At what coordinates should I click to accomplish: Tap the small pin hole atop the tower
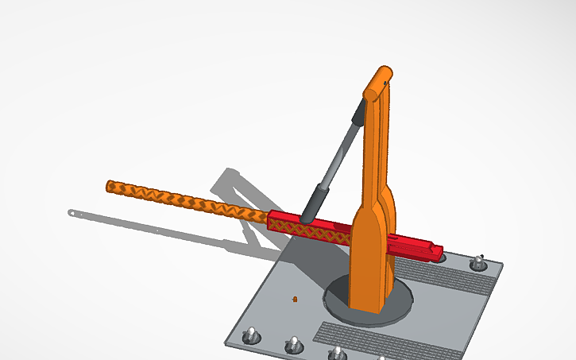click(x=387, y=80)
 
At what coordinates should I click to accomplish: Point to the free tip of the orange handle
click(x=110, y=187)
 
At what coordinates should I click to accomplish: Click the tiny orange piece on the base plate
click(x=295, y=299)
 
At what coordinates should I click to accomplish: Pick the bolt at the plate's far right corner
click(x=479, y=261)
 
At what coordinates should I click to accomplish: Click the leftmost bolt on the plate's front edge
click(x=250, y=335)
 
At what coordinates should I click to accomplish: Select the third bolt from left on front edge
click(x=337, y=352)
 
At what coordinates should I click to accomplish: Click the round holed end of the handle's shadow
click(x=73, y=213)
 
